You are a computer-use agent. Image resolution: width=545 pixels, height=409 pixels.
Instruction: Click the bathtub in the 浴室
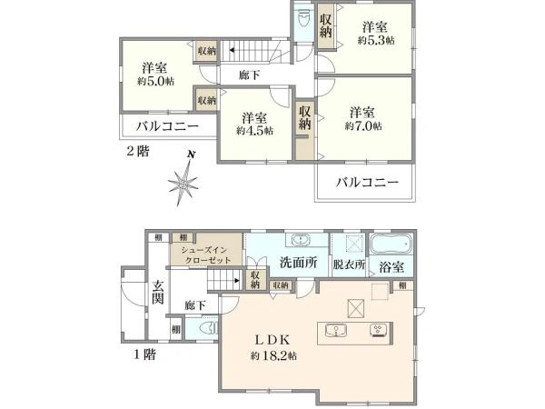(391, 246)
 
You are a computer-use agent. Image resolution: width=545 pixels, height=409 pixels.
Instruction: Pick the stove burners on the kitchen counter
(376, 330)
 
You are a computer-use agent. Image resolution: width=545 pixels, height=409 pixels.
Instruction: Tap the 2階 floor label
(137, 150)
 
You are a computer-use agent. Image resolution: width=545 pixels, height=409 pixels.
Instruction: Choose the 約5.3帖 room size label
(375, 40)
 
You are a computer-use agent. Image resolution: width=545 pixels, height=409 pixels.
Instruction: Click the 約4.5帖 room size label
(253, 131)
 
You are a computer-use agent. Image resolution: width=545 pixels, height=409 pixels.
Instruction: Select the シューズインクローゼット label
(210, 254)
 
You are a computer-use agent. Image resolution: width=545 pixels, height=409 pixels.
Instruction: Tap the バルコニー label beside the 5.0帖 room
(162, 125)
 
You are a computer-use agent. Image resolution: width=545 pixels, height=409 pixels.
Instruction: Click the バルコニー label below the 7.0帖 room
(367, 182)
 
